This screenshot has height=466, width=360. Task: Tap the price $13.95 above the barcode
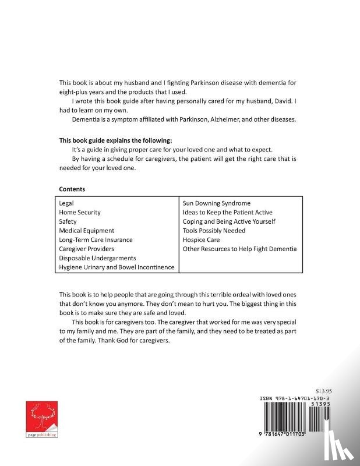(x=322, y=391)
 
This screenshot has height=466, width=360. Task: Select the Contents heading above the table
(x=72, y=189)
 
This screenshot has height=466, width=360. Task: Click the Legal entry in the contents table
(x=66, y=203)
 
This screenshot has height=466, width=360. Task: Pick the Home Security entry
(x=80, y=213)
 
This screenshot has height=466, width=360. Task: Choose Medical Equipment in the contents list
(x=87, y=231)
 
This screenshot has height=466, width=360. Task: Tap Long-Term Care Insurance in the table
(x=96, y=240)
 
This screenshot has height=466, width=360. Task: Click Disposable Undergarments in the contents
(x=98, y=258)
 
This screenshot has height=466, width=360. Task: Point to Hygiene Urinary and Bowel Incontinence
(x=117, y=267)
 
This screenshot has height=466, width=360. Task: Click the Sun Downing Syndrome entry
(x=217, y=203)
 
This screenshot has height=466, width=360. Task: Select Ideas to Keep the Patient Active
(x=228, y=213)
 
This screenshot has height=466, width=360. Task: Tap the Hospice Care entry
(x=202, y=240)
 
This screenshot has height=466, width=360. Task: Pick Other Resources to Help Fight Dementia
(x=240, y=249)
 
